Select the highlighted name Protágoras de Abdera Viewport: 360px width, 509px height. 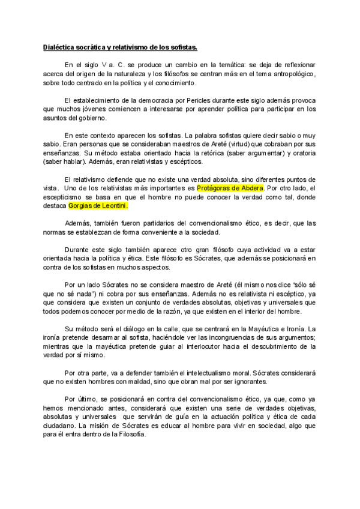coord(230,188)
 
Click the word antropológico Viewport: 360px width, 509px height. coord(290,73)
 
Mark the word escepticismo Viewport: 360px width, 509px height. coord(67,197)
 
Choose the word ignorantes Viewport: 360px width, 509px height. coord(251,382)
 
